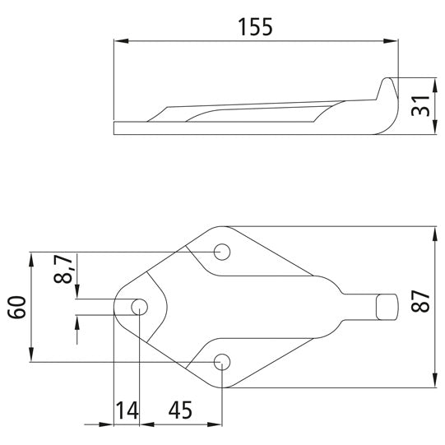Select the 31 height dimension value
pyautogui.click(x=420, y=106)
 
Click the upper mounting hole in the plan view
pyautogui.click(x=221, y=251)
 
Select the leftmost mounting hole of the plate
pyautogui.click(x=139, y=307)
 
